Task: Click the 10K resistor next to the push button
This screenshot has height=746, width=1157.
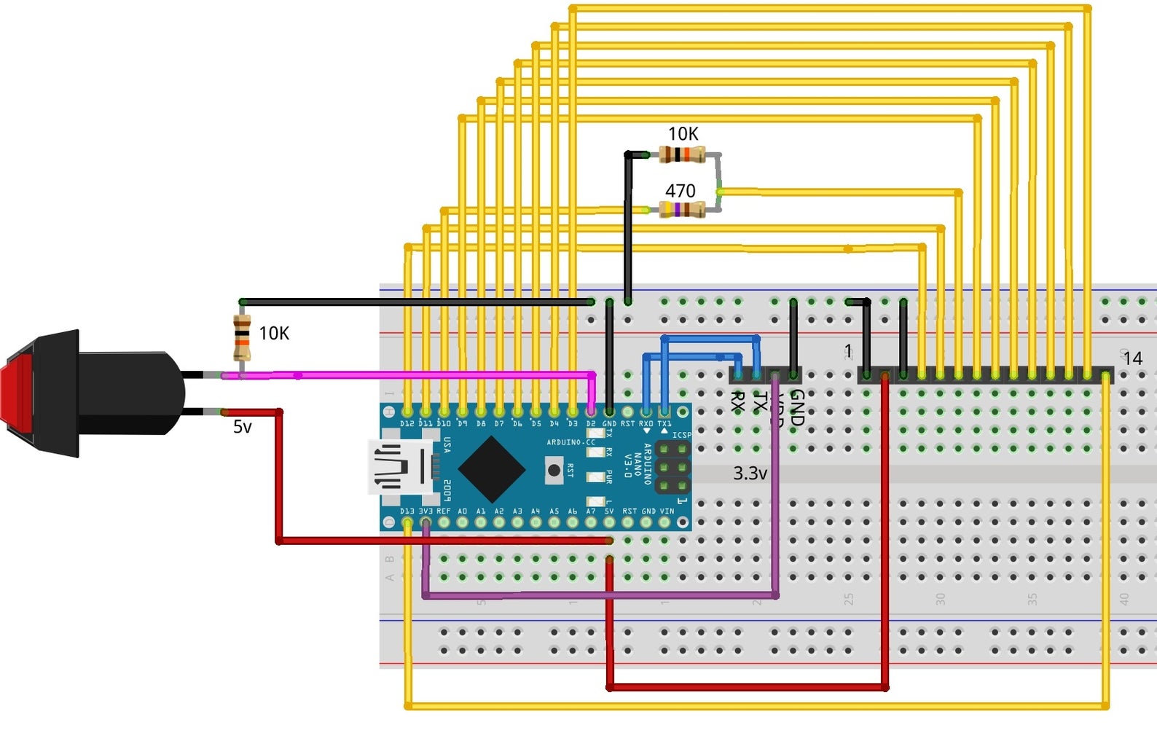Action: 242,337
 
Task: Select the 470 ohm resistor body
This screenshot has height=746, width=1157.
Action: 682,210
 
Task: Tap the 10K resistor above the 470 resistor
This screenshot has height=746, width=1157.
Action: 682,154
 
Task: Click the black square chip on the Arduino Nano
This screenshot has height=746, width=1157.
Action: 492,469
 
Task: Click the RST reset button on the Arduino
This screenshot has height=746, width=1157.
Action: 554,471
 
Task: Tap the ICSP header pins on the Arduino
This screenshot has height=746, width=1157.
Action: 672,467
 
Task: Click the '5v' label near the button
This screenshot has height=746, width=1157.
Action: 242,427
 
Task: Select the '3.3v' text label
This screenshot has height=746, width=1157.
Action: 750,474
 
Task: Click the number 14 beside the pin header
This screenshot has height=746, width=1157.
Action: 1132,358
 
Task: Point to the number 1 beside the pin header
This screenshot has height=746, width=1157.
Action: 848,351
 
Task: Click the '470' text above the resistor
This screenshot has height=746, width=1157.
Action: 680,191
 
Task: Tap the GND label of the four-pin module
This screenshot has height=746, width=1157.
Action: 797,407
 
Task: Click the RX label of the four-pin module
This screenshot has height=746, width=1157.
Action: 737,401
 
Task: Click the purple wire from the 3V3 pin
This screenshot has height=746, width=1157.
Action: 597,595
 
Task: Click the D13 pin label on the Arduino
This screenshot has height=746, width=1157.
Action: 407,511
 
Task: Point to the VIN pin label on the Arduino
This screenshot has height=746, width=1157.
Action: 667,511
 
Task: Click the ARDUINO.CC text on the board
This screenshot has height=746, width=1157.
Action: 570,442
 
